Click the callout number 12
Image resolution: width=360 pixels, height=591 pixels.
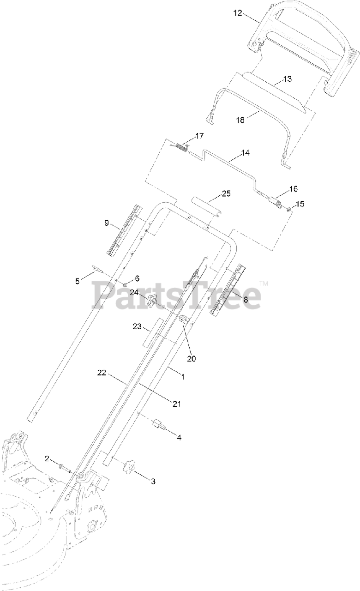click(237, 13)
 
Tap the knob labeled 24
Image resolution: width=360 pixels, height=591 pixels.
click(150, 302)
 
